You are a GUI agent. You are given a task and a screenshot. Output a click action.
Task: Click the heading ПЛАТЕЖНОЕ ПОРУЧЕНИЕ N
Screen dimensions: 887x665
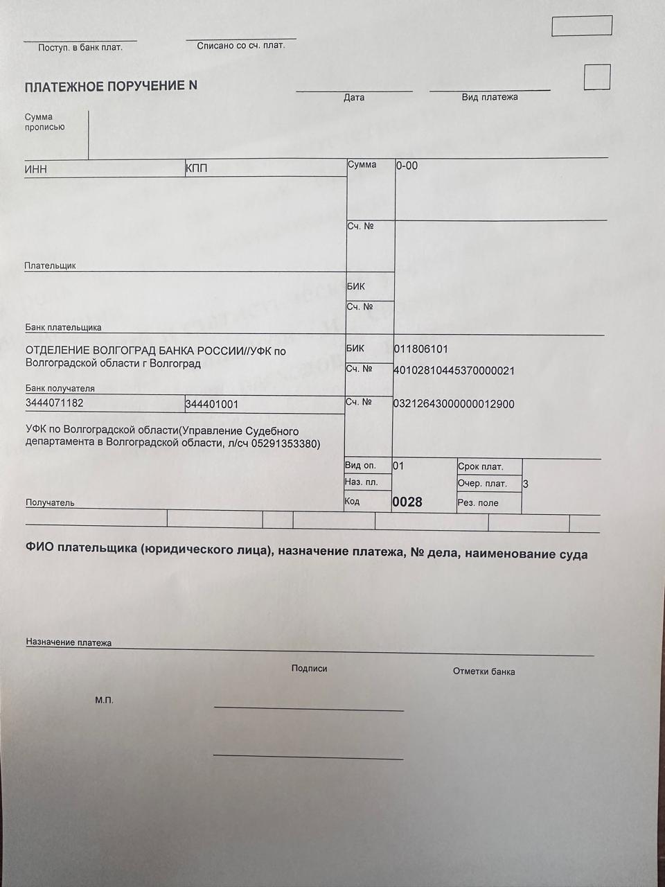click(x=111, y=87)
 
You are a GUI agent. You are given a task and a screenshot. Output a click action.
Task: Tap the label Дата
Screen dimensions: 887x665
click(x=354, y=98)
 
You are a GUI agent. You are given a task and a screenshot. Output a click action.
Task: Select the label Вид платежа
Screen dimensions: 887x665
click(x=490, y=97)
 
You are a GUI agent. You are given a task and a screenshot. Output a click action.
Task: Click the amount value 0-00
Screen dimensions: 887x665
click(x=407, y=166)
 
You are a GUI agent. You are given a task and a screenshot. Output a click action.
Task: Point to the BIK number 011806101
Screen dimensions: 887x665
click(x=420, y=349)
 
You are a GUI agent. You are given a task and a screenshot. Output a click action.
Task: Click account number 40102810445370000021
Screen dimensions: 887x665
click(x=454, y=371)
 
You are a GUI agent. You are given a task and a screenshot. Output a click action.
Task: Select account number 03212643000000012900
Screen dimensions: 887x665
click(x=454, y=404)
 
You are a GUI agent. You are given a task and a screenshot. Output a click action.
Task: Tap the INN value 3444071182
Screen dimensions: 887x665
click(x=55, y=403)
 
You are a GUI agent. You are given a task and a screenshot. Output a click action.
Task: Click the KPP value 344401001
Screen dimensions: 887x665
click(x=212, y=404)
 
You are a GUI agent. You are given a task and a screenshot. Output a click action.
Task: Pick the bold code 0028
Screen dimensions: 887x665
click(x=407, y=502)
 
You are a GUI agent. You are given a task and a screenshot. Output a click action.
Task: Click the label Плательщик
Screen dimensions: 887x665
click(x=50, y=265)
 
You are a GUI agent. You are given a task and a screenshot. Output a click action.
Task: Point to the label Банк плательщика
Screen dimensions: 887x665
click(x=64, y=327)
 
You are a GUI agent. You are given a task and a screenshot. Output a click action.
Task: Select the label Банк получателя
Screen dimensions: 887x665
click(x=60, y=389)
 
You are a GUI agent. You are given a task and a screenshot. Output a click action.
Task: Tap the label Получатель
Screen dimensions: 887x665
click(x=50, y=502)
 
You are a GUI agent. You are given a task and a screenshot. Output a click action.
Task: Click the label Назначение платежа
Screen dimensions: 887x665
click(x=69, y=642)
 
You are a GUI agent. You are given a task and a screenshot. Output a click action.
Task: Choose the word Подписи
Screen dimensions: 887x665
click(x=309, y=669)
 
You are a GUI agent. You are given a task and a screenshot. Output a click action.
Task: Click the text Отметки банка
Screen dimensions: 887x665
click(x=484, y=671)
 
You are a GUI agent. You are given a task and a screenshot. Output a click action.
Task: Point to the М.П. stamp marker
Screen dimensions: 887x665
click(x=104, y=701)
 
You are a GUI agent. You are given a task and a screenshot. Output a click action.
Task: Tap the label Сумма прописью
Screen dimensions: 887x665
click(x=44, y=122)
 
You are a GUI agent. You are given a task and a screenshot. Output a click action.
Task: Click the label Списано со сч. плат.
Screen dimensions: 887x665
click(x=240, y=46)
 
